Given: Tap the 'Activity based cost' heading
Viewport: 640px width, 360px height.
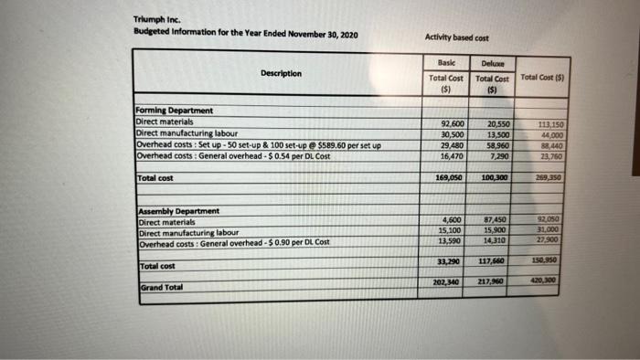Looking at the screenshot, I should (x=459, y=37).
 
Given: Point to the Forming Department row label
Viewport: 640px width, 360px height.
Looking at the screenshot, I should (x=174, y=111).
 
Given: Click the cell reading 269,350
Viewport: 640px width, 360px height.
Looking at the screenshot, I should (x=550, y=176).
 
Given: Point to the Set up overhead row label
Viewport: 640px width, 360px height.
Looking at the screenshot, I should (x=259, y=145).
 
